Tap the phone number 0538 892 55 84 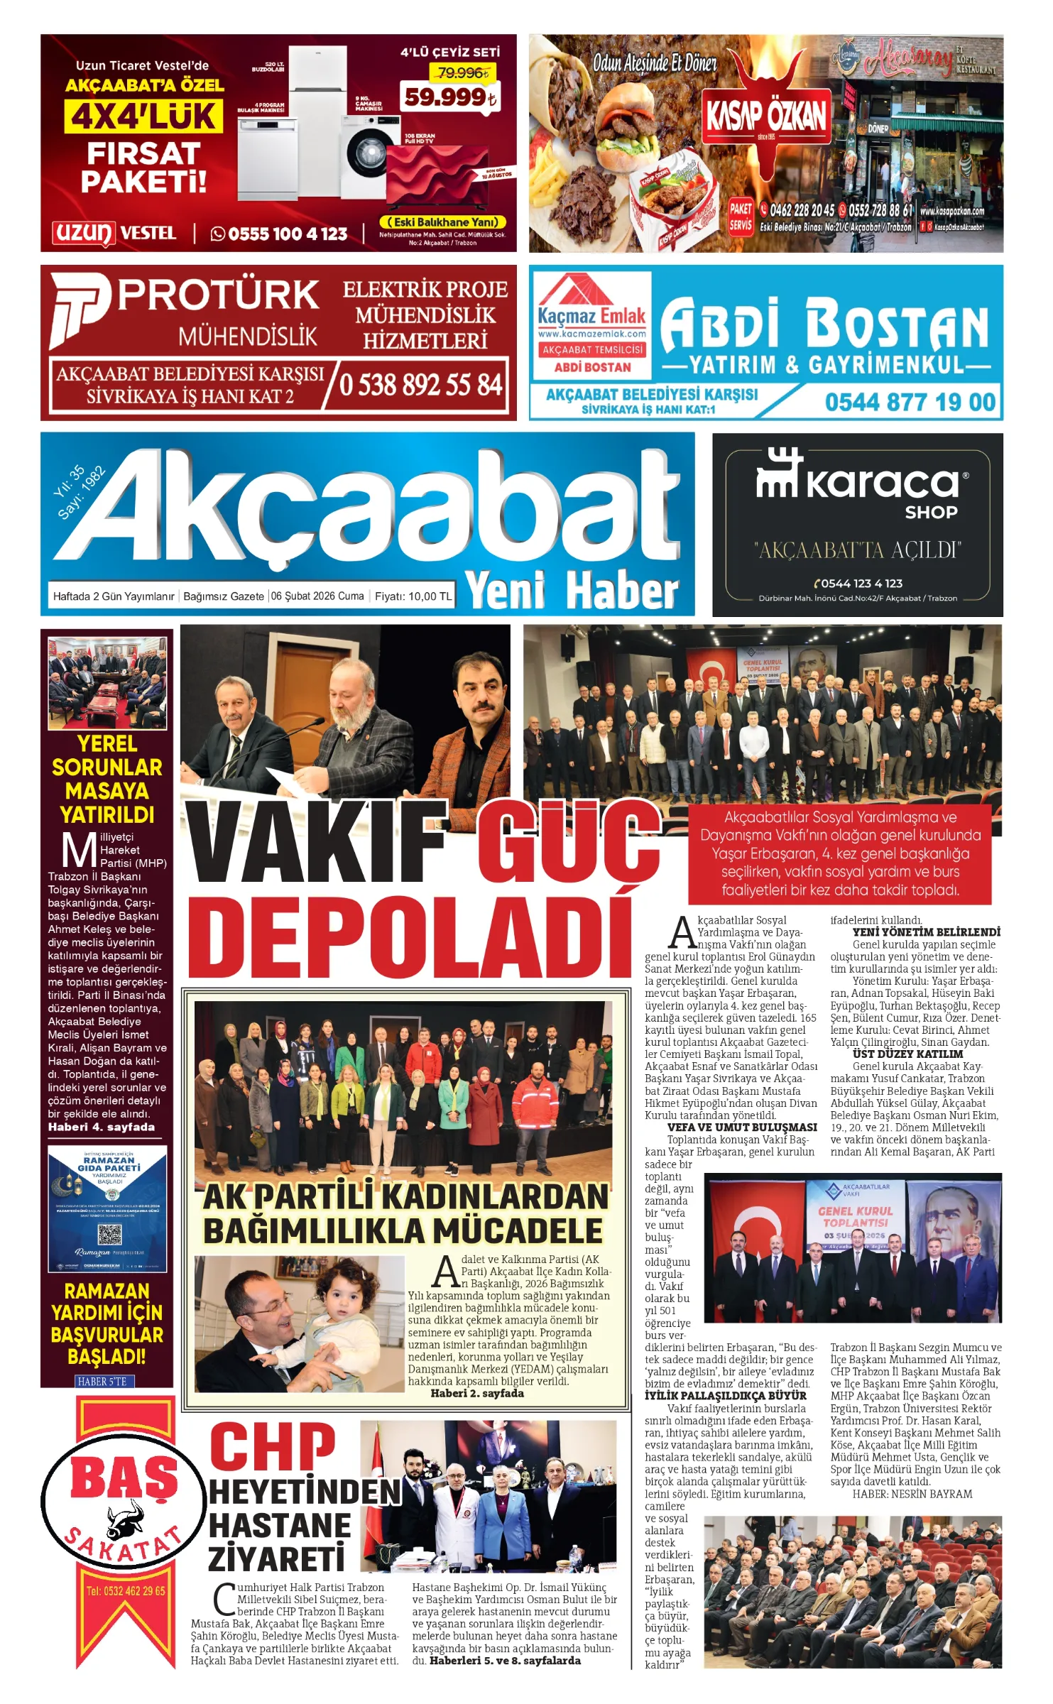click(x=420, y=385)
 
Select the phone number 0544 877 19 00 click(x=910, y=403)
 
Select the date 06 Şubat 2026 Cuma click(x=317, y=596)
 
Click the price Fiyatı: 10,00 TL click(x=413, y=596)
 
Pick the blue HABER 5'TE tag click(x=104, y=1381)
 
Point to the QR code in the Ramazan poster click(x=109, y=1235)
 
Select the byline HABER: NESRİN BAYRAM click(x=912, y=1494)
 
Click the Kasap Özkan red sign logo click(x=765, y=114)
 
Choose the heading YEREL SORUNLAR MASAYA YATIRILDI click(x=107, y=779)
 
